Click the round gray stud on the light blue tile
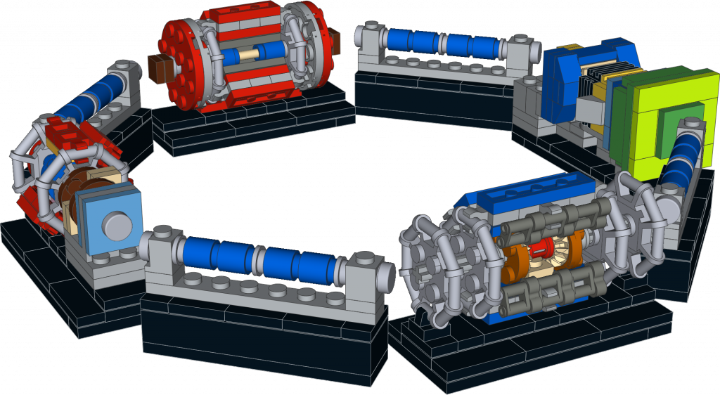tap(116, 224)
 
